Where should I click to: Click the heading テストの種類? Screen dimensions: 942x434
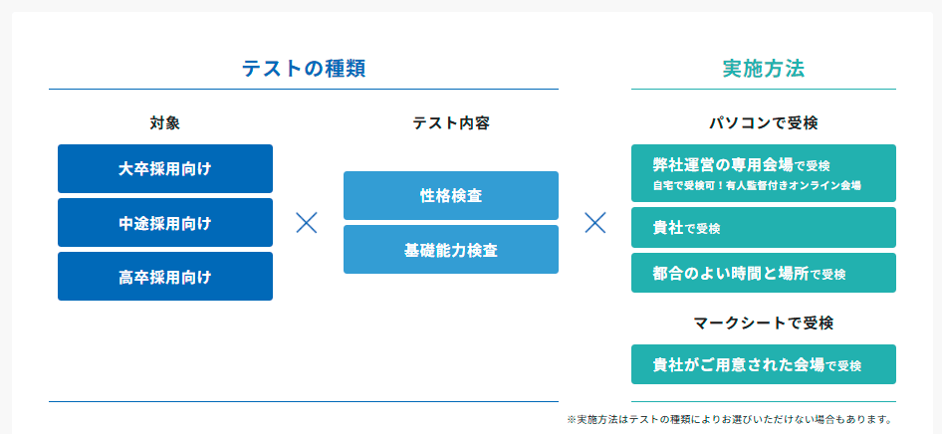pos(304,69)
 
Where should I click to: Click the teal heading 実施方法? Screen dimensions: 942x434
pos(763,69)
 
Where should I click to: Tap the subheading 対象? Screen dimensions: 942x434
pos(165,123)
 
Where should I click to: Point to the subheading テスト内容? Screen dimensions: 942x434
pos(450,123)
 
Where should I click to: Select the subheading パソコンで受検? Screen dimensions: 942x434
pos(763,123)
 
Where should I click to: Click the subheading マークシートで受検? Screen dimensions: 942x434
pos(763,323)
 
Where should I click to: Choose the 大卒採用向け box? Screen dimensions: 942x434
pos(165,168)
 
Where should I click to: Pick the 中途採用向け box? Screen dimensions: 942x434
pos(165,223)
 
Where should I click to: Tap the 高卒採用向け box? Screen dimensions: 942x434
pos(165,276)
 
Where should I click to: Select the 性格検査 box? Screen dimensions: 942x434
pos(450,196)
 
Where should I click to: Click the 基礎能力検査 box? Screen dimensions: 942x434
pos(450,250)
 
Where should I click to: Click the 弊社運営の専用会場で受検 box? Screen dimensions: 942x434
pos(764,173)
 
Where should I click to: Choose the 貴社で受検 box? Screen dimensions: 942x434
pos(764,228)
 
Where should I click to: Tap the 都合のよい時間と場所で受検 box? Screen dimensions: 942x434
pos(764,273)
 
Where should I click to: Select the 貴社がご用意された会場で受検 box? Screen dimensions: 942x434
pos(764,364)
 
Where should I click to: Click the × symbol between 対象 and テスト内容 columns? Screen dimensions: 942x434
pos(307,223)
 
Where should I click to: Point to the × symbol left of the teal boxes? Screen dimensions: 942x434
pos(594,223)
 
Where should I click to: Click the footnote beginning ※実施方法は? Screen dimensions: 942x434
pos(729,419)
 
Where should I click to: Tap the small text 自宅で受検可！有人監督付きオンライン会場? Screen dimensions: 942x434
pos(757,185)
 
